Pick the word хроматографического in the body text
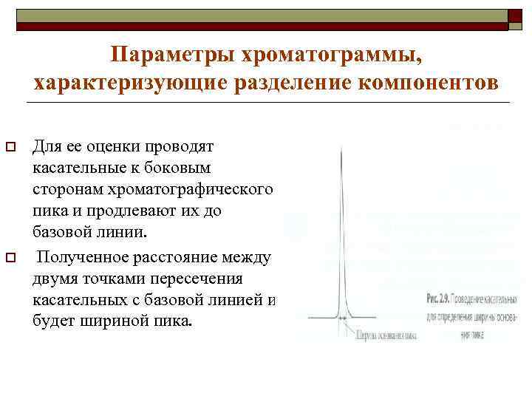(191, 189)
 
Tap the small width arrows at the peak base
(342, 318)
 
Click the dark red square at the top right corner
(515, 17)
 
